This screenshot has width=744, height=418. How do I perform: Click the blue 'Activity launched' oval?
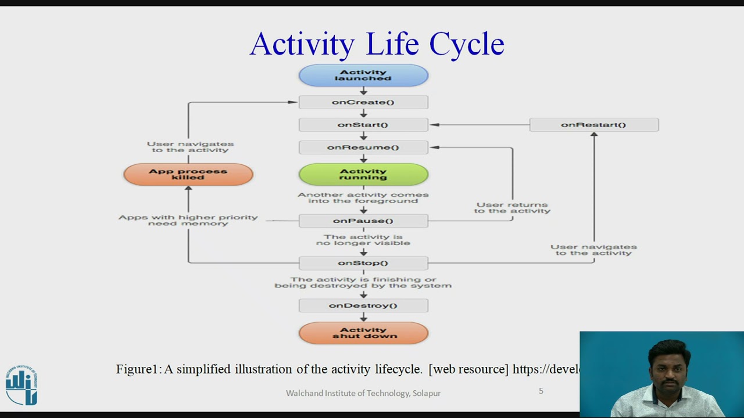coord(363,75)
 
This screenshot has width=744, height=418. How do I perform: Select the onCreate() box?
coord(363,102)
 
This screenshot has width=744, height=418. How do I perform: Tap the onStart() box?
coord(363,125)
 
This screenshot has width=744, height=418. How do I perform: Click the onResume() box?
coord(363,147)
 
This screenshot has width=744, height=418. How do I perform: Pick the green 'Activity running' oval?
coord(363,174)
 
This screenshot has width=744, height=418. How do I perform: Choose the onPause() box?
coord(363,221)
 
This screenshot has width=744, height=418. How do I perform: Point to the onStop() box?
coord(363,263)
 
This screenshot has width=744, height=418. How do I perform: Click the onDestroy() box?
coord(363,305)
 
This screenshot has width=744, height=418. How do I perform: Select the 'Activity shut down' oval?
coord(363,333)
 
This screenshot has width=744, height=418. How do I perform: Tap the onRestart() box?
coord(593,125)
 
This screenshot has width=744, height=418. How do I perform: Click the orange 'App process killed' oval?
coord(188,174)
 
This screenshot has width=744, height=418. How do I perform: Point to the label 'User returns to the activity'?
coord(512,208)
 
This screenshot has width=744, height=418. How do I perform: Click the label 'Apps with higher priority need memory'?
coord(188,220)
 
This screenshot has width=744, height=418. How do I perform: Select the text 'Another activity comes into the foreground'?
coord(363,197)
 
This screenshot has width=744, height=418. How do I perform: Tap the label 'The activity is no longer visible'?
coord(363,240)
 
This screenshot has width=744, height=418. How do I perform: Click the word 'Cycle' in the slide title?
coord(467,44)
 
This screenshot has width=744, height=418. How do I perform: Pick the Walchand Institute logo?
coord(22,385)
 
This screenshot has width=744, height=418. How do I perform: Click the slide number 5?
coord(541,391)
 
